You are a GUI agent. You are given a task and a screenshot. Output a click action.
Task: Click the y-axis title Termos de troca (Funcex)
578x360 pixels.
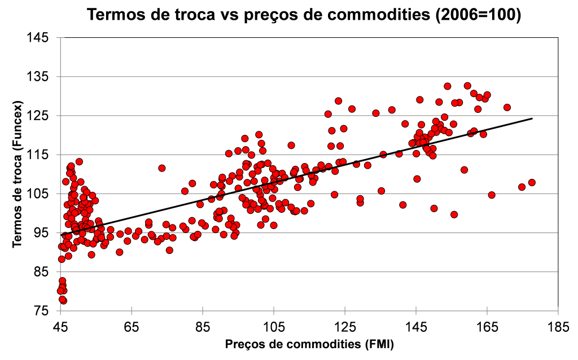[x=18, y=174]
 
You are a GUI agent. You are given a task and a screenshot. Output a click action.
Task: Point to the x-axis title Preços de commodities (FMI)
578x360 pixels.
[x=309, y=344]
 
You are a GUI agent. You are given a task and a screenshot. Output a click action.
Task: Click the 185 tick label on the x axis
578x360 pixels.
[x=558, y=327]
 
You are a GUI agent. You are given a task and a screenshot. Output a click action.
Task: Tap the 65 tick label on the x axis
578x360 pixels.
[x=132, y=327]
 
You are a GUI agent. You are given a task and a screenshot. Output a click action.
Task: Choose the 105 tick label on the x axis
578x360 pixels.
[x=273, y=327]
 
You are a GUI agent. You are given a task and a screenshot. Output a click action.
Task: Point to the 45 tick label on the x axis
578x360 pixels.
[x=60, y=327]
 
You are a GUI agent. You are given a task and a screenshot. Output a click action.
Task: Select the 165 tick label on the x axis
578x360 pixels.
[x=487, y=327]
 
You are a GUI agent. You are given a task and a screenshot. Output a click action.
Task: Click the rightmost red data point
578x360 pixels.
[x=531, y=182]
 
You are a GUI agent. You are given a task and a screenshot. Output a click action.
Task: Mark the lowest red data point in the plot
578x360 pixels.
[x=63, y=300]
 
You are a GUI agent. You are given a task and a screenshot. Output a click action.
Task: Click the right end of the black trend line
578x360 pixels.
[x=532, y=118]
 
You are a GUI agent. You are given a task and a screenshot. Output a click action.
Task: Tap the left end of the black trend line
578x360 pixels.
[x=61, y=235]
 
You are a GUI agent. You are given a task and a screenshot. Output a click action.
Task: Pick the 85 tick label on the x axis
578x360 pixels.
[x=203, y=327]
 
